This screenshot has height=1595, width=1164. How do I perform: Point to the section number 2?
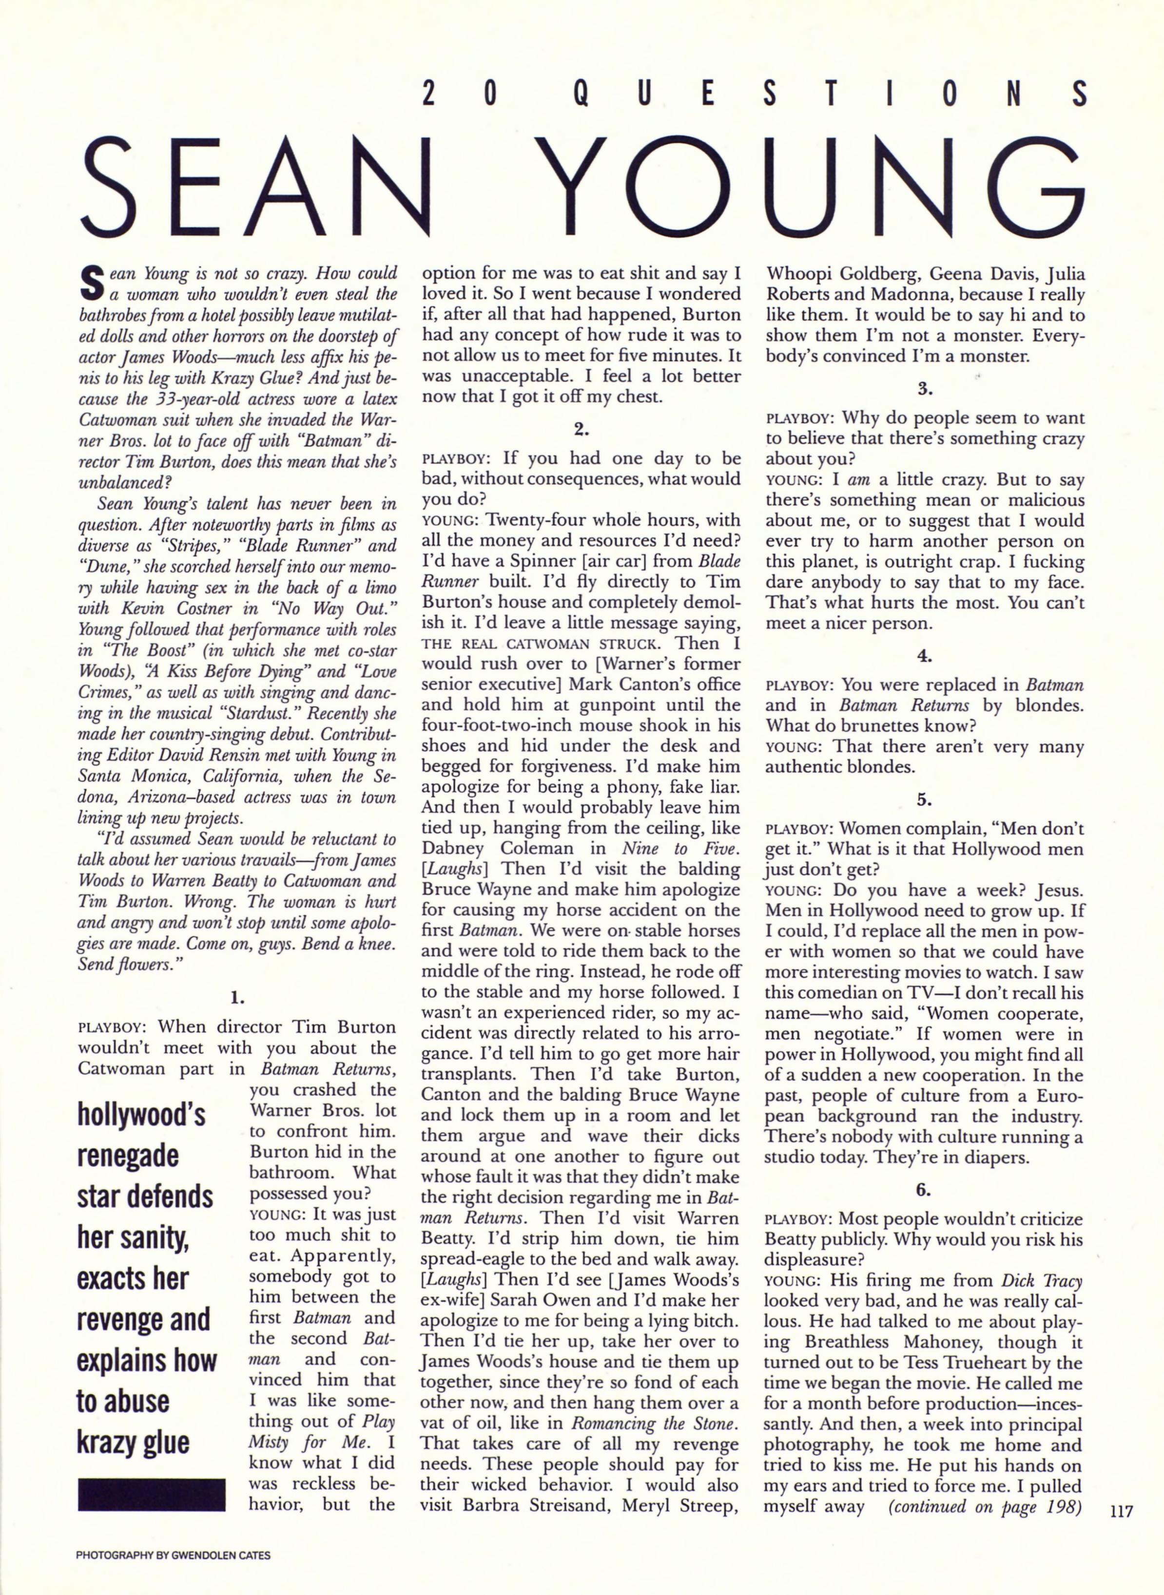pyautogui.click(x=582, y=428)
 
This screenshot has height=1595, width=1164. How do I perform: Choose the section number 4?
pyautogui.click(x=925, y=656)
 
